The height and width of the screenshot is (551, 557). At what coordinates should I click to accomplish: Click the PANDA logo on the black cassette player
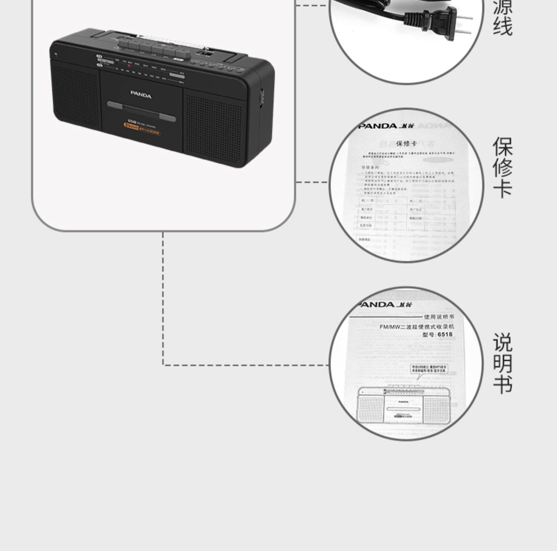tap(141, 95)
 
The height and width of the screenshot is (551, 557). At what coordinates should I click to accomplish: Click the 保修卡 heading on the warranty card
tap(406, 143)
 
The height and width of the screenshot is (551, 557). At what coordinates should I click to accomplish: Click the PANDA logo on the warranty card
tap(378, 126)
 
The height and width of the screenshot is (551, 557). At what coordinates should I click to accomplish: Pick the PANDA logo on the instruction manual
tap(376, 305)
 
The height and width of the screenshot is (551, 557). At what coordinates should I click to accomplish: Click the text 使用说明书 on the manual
tap(439, 317)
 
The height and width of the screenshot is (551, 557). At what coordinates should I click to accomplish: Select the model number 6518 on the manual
tap(445, 334)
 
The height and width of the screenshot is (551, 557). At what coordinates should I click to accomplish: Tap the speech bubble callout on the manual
tap(429, 370)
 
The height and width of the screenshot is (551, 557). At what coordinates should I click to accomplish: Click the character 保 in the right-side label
tap(502, 147)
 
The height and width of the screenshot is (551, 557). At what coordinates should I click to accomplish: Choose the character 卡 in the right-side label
tap(502, 188)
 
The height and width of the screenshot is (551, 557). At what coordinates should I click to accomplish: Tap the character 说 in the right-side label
tap(502, 343)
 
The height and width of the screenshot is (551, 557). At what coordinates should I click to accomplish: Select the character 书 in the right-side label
tap(502, 384)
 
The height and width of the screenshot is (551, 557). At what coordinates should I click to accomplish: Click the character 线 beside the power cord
tap(502, 27)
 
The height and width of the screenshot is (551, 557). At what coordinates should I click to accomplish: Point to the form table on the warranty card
tap(407, 213)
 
